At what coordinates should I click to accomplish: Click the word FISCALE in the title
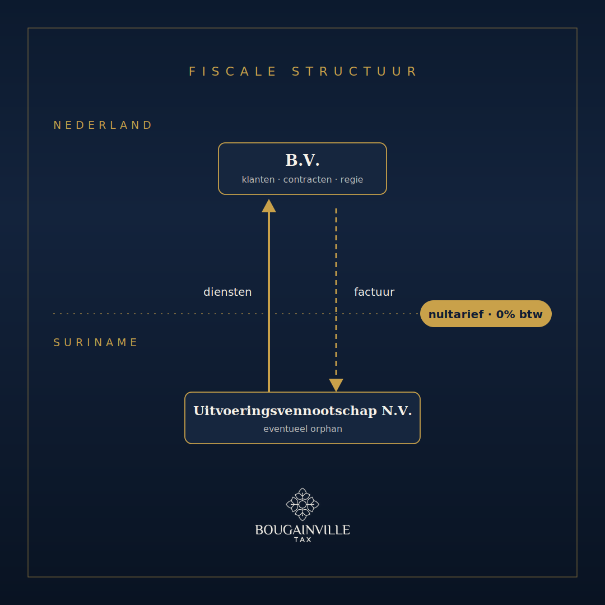232,72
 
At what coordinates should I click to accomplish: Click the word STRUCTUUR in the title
354,72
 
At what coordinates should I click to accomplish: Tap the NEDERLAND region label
103,125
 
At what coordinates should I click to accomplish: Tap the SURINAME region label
95,343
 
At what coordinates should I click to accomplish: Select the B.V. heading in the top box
302,160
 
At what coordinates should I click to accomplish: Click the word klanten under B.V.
258,179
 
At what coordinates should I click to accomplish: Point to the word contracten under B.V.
308,179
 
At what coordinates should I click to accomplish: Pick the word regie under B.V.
351,180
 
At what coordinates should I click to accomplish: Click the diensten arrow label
227,292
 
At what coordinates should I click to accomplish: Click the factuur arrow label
374,292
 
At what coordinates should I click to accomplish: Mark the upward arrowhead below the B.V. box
269,206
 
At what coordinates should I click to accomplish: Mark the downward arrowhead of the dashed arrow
336,385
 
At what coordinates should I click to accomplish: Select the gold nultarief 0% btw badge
486,314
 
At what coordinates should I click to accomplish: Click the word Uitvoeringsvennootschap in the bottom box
285,411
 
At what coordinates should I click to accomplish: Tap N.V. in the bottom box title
397,411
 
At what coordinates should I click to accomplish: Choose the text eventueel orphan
302,429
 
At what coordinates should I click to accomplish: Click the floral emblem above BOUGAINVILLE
302,504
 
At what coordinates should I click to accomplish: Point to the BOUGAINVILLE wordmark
302,530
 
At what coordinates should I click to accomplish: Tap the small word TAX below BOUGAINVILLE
302,540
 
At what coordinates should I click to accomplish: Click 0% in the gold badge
505,314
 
